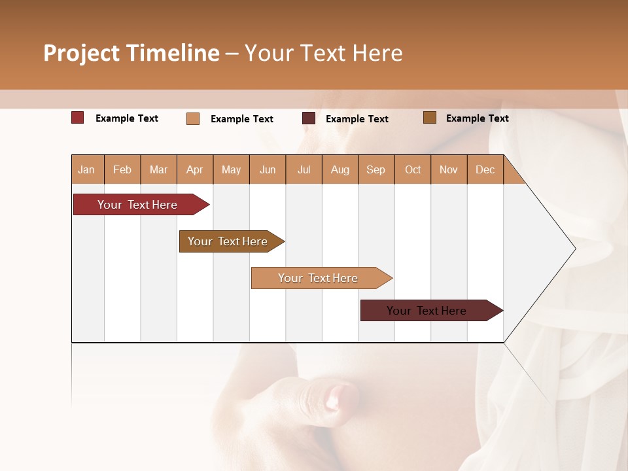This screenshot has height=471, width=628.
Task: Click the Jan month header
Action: [87, 169]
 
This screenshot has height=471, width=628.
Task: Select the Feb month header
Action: [122, 169]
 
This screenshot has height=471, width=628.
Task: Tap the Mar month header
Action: [158, 169]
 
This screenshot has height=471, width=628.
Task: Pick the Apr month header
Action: [195, 169]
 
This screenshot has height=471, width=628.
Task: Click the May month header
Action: [231, 169]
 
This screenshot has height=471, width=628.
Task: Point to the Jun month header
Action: [268, 169]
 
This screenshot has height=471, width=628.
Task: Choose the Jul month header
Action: [304, 169]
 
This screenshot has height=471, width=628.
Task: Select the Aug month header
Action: [340, 169]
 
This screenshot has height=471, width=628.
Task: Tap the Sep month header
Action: [376, 169]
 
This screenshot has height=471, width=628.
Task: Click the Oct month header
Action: [413, 169]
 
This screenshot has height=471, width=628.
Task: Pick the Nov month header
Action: [449, 169]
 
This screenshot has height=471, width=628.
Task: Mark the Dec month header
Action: [485, 169]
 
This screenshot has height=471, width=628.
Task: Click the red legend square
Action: [78, 118]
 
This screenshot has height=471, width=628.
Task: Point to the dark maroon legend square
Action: [309, 118]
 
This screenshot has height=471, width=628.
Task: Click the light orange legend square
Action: [193, 118]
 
